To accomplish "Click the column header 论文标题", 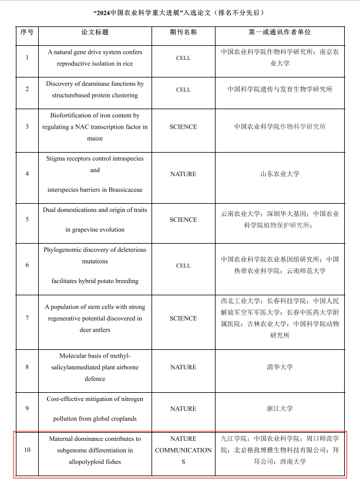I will (x=95, y=32).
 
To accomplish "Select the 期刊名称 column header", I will (x=183, y=32).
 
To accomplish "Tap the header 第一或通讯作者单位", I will (x=280, y=32).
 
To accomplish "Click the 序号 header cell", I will (x=26, y=32).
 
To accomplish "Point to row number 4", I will (x=27, y=174).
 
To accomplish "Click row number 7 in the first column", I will (x=27, y=318).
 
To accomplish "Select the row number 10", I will (x=27, y=450).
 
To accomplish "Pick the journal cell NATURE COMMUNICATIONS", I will (x=183, y=450).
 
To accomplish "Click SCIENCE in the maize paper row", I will (x=183, y=127).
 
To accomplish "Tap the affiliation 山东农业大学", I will (x=280, y=174).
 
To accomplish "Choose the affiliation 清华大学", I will (x=280, y=368).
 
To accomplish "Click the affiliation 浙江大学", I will (x=280, y=409).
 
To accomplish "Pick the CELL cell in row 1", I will (x=183, y=58).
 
